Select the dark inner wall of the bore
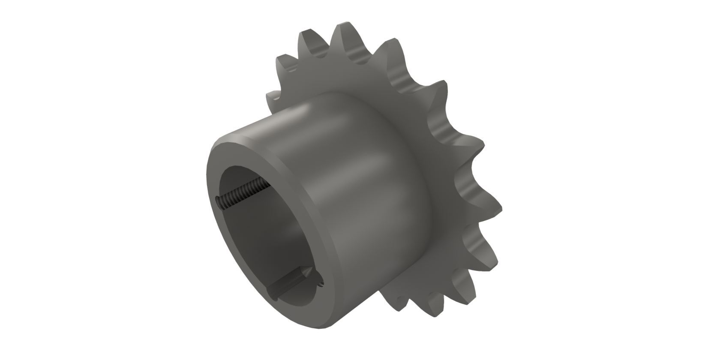pos(257,240)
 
